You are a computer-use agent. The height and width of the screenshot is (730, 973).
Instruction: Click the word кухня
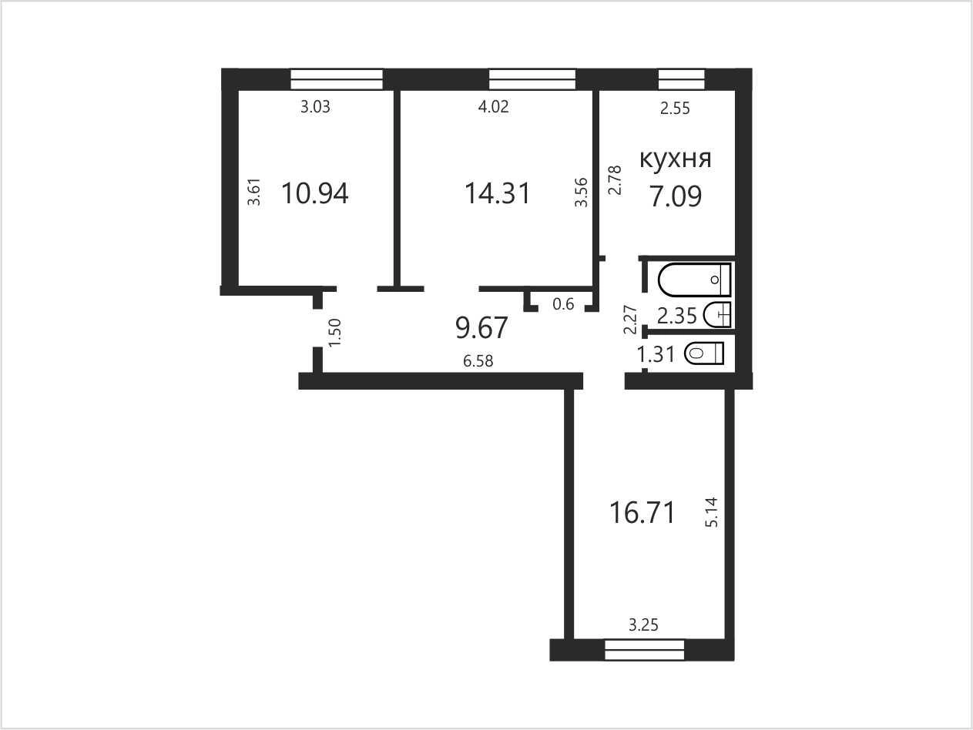(x=675, y=159)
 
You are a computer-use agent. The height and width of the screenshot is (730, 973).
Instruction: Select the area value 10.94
(x=315, y=193)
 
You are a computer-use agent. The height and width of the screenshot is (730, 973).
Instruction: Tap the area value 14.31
(x=497, y=193)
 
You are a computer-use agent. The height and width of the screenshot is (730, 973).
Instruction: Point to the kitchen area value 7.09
(x=676, y=196)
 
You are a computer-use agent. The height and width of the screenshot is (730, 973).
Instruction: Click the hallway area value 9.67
(x=481, y=328)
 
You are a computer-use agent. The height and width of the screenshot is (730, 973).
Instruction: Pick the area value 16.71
(x=643, y=513)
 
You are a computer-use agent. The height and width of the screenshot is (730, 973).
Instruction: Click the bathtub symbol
(x=694, y=279)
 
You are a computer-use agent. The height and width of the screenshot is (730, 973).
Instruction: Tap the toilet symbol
(x=704, y=353)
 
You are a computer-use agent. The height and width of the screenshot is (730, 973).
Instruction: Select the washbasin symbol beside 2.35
(x=716, y=314)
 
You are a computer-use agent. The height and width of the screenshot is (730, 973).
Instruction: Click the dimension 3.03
(x=315, y=107)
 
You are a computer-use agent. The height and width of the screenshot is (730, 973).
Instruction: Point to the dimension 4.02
(x=493, y=107)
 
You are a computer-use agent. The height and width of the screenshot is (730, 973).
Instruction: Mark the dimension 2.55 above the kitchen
(x=675, y=108)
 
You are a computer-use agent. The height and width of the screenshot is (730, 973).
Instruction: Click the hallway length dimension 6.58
(x=478, y=361)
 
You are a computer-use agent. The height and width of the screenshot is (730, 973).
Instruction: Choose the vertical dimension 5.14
(x=711, y=512)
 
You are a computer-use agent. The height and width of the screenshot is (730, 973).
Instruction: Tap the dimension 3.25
(x=643, y=625)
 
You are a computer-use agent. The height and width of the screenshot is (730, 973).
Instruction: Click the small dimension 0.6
(x=563, y=304)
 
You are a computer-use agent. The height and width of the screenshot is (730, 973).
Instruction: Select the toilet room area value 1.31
(x=656, y=354)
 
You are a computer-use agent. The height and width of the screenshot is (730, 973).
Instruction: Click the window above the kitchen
(x=681, y=79)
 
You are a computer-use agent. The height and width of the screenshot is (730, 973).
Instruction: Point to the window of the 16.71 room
(x=645, y=649)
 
